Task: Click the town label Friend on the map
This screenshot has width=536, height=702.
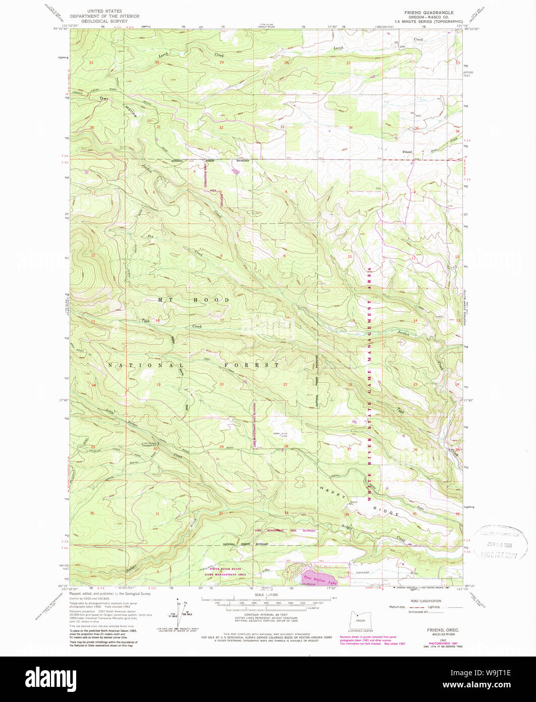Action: click(407, 152)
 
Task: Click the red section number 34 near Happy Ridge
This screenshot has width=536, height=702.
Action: click(347, 515)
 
